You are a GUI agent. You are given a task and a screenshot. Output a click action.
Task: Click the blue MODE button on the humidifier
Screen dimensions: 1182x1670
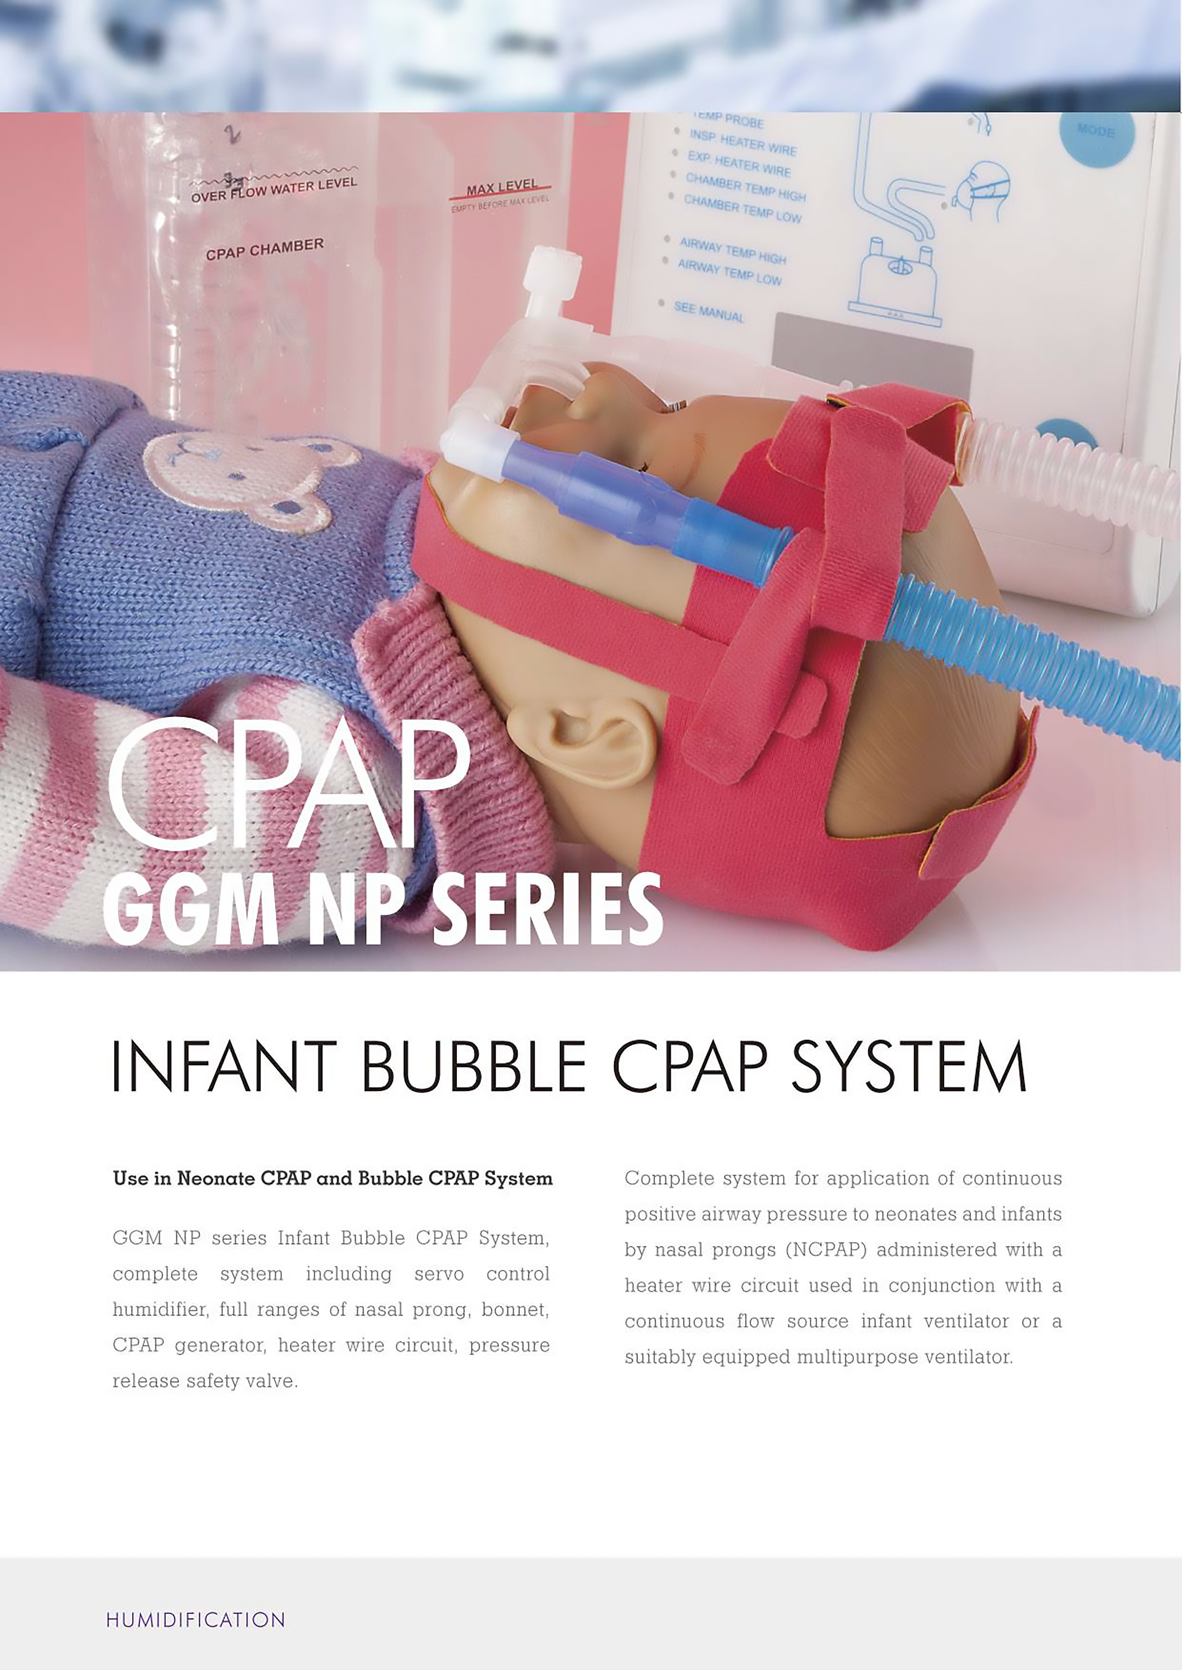click(1095, 135)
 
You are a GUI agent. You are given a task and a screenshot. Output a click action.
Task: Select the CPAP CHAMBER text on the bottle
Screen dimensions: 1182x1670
click(265, 249)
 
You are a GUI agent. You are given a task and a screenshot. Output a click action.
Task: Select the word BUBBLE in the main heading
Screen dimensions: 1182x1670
click(473, 1066)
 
